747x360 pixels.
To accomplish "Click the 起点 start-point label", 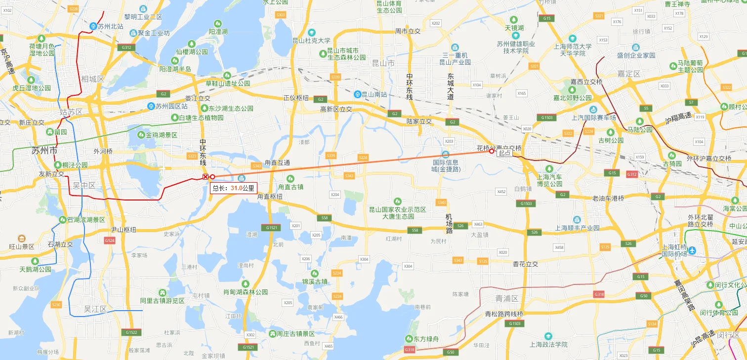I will (x=504, y=153).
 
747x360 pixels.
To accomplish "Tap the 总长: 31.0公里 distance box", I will (x=234, y=188).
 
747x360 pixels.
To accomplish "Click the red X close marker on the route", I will (x=206, y=177).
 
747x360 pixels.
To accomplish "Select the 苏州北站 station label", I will (x=110, y=26).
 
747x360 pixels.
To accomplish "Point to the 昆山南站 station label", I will (x=374, y=94).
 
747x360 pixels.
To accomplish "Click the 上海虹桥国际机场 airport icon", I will (x=692, y=250).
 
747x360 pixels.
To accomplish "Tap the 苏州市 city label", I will (x=44, y=151).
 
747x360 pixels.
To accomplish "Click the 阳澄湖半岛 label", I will (x=175, y=69).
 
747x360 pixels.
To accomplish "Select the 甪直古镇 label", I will (x=290, y=187).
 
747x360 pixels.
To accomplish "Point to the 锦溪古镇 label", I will (x=315, y=281).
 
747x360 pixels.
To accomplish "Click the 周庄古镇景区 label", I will (x=295, y=334).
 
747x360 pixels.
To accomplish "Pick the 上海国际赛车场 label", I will (x=594, y=118).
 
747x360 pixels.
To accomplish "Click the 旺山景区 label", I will (x=22, y=246).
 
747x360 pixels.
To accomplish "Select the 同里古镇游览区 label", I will (x=162, y=301).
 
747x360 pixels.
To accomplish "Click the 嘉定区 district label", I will (x=628, y=74).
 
